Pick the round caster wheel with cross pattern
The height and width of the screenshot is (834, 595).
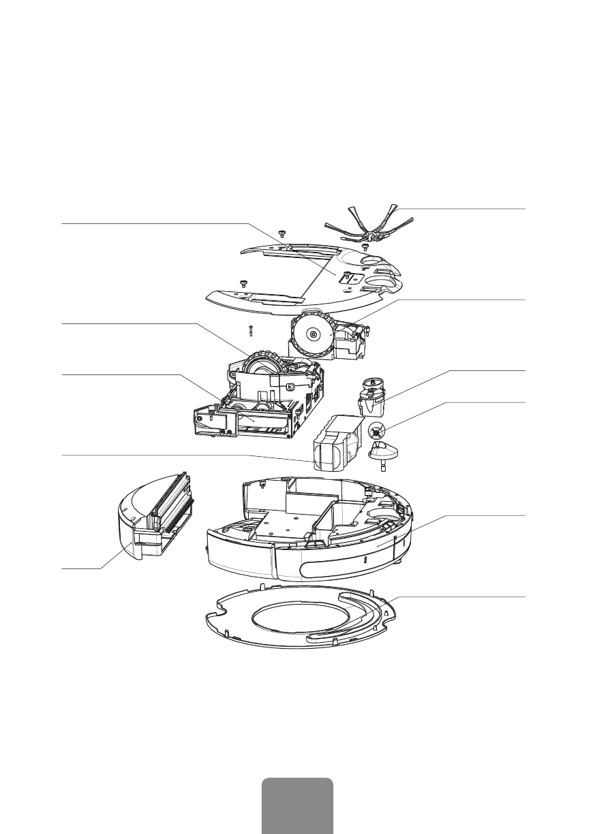(377, 431)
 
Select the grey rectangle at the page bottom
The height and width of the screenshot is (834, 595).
(297, 806)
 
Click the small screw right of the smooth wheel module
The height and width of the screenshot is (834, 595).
(369, 331)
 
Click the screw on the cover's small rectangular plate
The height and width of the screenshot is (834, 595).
(347, 275)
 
